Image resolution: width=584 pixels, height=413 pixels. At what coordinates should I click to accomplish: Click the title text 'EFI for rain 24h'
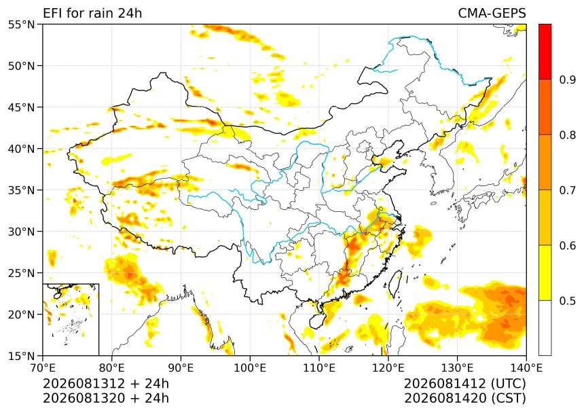click(x=92, y=13)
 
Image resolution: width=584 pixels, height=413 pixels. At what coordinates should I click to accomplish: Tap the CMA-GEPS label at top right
click(x=492, y=13)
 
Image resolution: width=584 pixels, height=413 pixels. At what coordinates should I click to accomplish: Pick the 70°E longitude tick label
click(x=43, y=368)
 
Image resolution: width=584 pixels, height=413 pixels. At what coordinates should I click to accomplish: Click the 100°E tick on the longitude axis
click(x=250, y=368)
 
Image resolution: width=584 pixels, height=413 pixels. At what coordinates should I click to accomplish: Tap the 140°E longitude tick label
click(x=526, y=368)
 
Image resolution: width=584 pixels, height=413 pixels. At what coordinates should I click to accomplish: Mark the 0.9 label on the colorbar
click(x=567, y=79)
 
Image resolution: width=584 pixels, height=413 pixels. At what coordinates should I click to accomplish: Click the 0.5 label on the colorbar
click(x=567, y=301)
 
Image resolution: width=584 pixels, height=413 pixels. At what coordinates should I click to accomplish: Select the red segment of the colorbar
click(x=545, y=52)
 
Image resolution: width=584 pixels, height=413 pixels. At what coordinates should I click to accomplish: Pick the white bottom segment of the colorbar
click(x=545, y=327)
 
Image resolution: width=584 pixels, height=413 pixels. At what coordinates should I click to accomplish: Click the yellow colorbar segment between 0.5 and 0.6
click(x=545, y=272)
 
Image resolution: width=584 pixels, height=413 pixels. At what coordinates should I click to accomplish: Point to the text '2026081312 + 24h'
click(x=106, y=383)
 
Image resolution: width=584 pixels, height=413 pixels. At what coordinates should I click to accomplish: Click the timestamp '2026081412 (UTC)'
click(x=464, y=383)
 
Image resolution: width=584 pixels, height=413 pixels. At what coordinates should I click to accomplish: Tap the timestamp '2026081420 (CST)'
click(x=464, y=398)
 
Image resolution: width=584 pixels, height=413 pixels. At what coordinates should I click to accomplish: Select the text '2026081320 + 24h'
click(x=106, y=398)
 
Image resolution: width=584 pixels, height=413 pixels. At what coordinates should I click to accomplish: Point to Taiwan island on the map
click(x=395, y=284)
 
